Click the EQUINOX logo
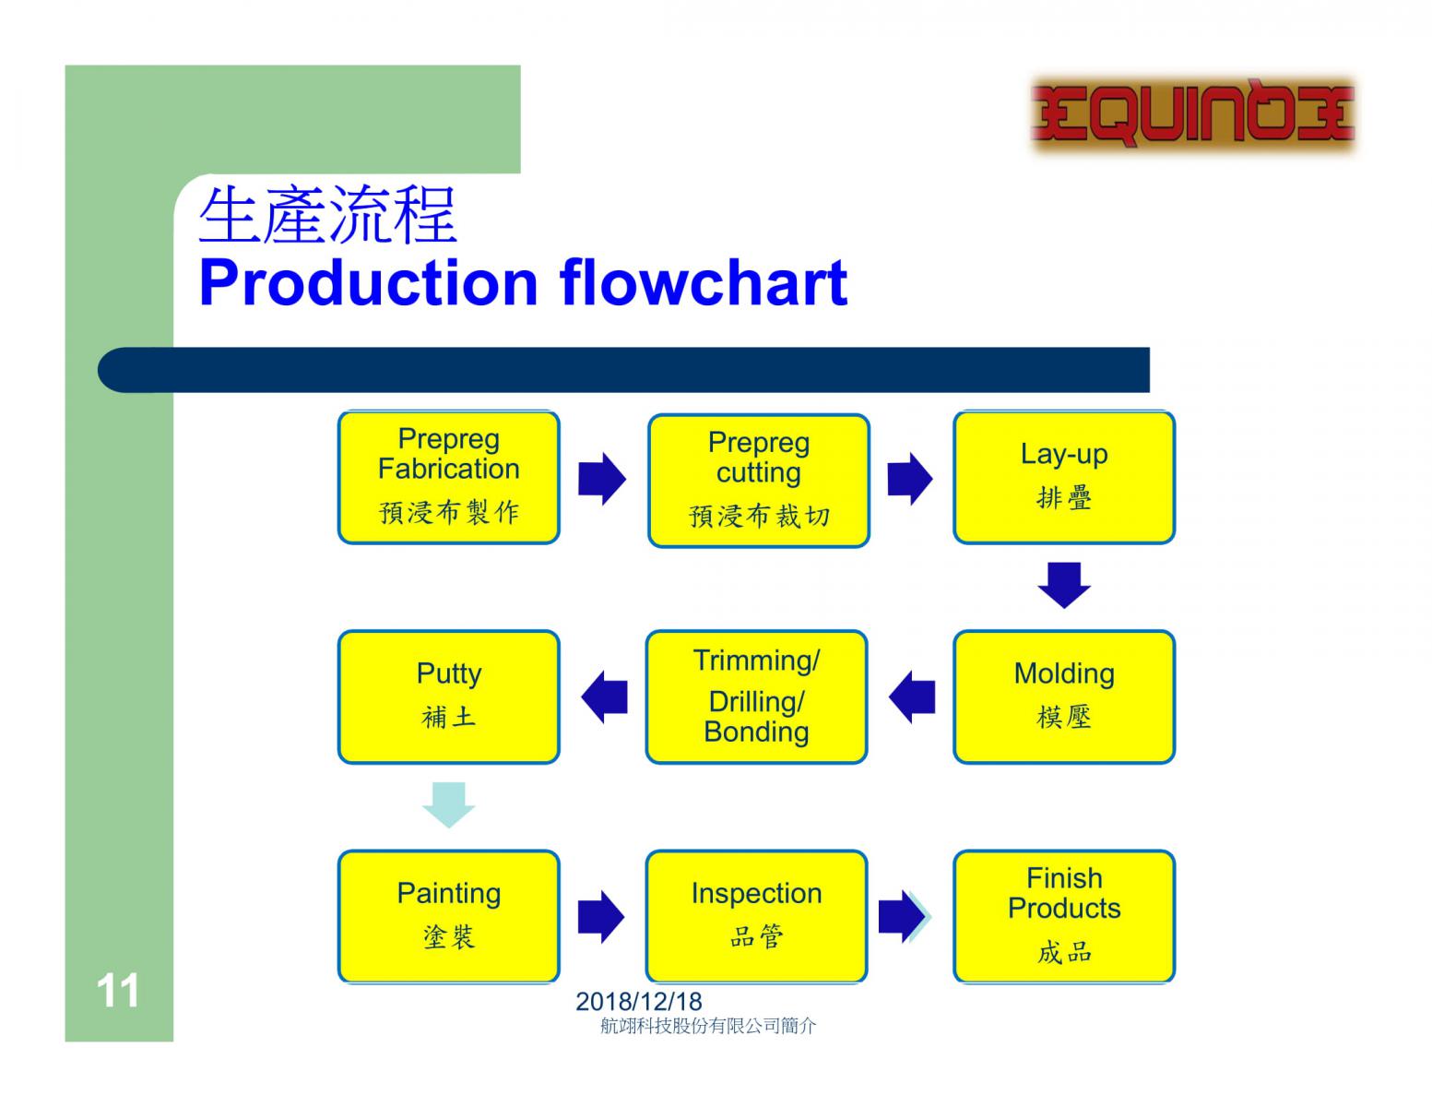click(x=1192, y=113)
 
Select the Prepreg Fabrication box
click(x=449, y=477)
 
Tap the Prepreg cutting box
click(x=759, y=481)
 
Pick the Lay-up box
click(x=1064, y=477)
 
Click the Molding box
click(x=1064, y=696)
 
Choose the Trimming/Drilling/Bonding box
click(x=756, y=696)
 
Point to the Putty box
click(x=449, y=696)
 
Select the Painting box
click(x=449, y=916)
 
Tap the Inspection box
click(x=756, y=916)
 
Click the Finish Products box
click(x=1064, y=916)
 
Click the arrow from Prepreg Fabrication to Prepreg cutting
click(x=602, y=479)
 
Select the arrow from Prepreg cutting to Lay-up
click(x=910, y=479)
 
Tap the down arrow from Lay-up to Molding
click(x=1064, y=585)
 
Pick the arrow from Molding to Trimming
click(x=912, y=696)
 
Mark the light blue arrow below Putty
click(x=449, y=804)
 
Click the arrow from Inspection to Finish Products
click(x=903, y=916)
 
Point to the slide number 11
click(x=118, y=991)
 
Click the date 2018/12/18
click(x=639, y=1001)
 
